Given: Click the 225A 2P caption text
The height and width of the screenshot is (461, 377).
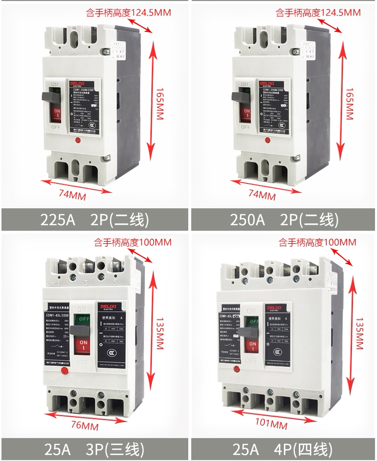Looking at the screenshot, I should point(94,219).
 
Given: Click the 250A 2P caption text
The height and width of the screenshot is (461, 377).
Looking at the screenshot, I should point(283,219).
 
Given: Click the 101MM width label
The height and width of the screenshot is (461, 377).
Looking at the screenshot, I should point(271,425).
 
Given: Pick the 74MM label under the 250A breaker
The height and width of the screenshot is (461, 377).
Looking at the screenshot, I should point(262,194).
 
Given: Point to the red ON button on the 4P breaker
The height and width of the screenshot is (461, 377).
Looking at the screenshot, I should point(252,345).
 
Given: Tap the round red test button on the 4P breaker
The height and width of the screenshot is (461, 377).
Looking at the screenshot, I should point(236,370).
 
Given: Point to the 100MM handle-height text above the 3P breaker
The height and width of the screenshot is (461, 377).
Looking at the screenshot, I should point(132,243).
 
